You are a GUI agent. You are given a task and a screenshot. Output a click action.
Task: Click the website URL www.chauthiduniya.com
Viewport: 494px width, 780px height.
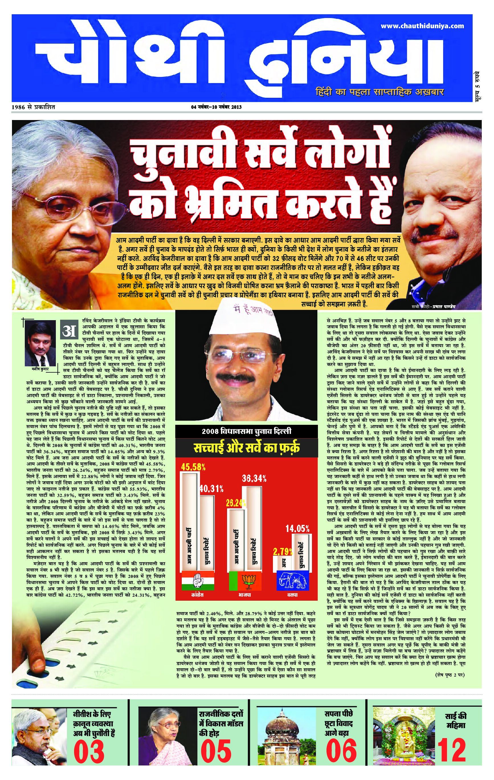pyautogui.click(x=422, y=26)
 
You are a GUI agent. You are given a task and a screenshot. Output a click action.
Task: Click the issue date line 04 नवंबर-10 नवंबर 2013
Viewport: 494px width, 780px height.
pyautogui.click(x=216, y=107)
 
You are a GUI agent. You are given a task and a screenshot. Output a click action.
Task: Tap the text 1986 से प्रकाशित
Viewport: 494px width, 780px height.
pyautogui.click(x=33, y=107)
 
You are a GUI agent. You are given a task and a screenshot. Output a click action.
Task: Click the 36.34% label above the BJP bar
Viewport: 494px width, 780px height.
pyautogui.click(x=254, y=478)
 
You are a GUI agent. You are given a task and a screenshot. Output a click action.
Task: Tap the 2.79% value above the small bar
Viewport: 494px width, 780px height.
pyautogui.click(x=283, y=552)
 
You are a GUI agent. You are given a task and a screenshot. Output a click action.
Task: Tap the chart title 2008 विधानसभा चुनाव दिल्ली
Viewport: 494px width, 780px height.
pyautogui.click(x=246, y=431)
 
